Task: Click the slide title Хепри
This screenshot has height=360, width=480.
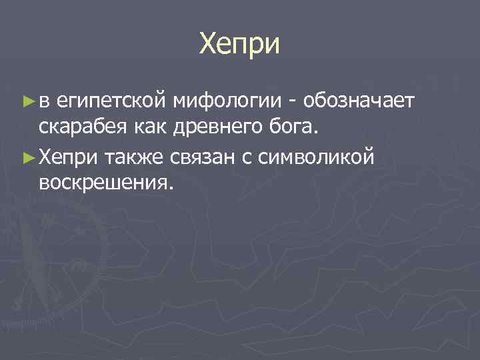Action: (240, 45)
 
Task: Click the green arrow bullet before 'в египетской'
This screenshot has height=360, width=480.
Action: (28, 101)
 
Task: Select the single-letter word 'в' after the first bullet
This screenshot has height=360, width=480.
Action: (44, 101)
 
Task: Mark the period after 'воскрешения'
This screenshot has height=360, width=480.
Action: (171, 188)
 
